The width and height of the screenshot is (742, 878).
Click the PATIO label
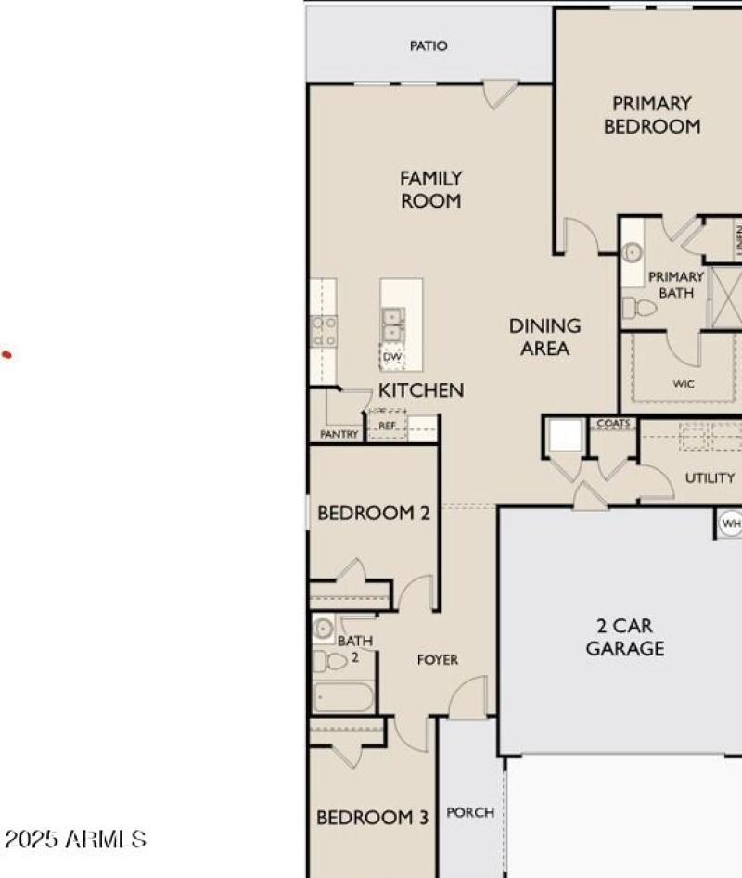coord(429,45)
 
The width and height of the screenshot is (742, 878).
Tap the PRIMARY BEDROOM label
coord(652,115)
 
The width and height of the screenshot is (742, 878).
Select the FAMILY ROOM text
coord(431,189)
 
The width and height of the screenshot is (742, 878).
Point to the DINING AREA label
coord(545,337)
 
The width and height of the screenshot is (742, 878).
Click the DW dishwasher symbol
coord(391,356)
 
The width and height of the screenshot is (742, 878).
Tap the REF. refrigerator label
coord(387,426)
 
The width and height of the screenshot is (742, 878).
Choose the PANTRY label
coord(339,433)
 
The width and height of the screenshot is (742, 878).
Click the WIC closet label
coord(684,384)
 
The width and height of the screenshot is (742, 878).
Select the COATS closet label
coord(613,424)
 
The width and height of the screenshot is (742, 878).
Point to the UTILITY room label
coord(710,478)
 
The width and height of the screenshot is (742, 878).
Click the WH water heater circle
coord(731,525)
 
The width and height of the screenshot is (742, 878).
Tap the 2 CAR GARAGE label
coord(624,637)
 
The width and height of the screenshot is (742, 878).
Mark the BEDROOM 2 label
coord(374,513)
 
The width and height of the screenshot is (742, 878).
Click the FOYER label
coord(437,660)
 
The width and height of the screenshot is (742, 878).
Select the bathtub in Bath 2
coord(343,696)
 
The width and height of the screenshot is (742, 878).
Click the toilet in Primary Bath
coord(639,307)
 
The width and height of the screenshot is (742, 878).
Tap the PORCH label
coord(470,812)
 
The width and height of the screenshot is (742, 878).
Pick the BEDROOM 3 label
coord(372,818)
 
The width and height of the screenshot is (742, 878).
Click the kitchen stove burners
coord(324,331)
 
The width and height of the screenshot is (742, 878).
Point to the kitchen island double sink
coord(392,324)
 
